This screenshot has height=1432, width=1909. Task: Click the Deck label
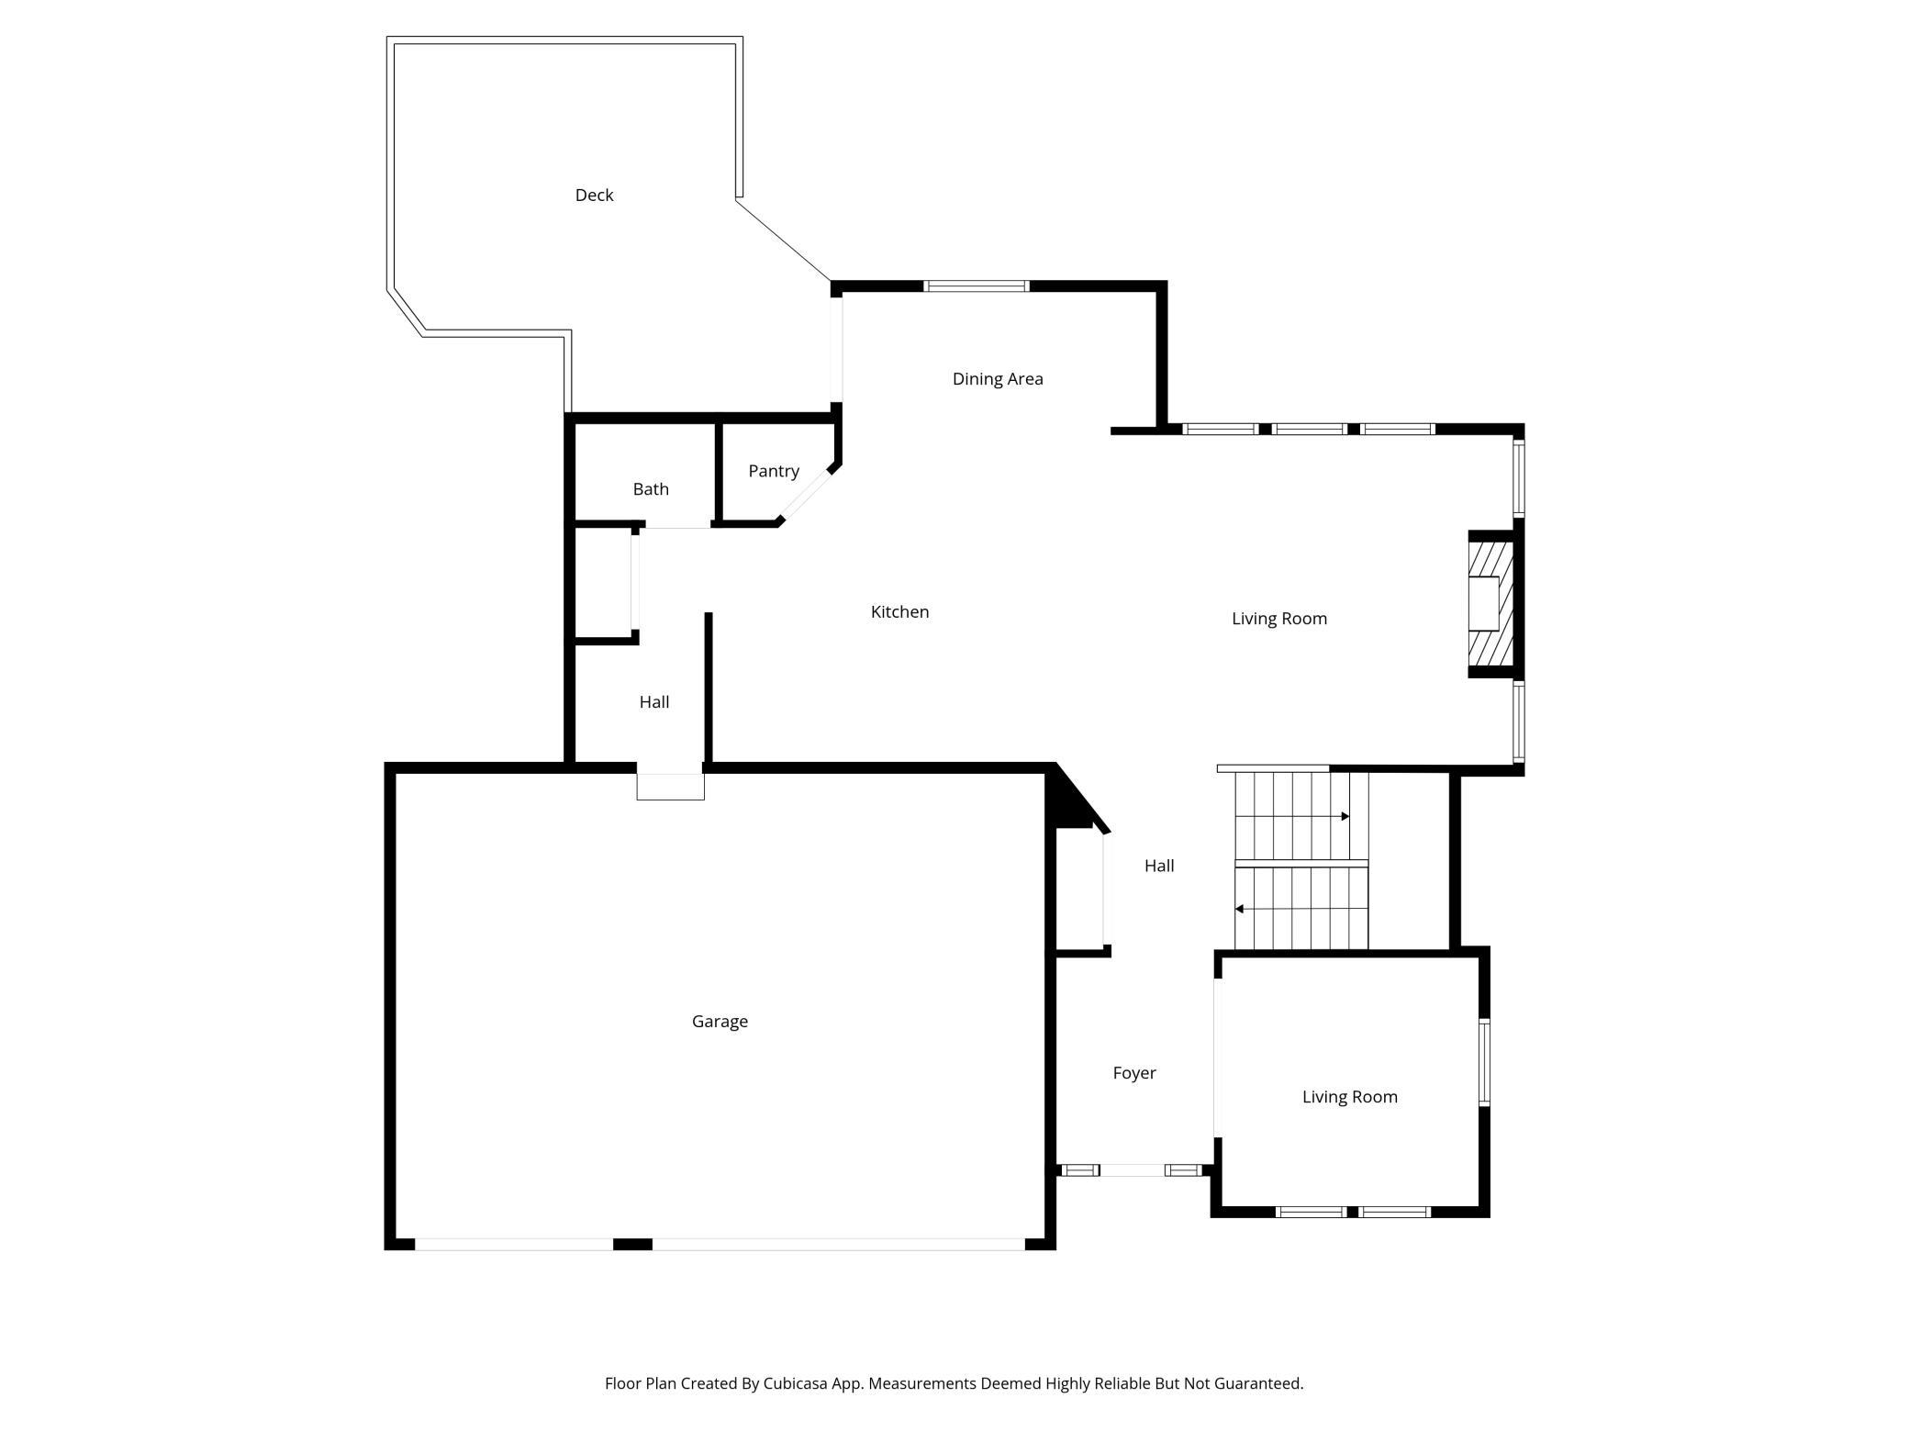594,195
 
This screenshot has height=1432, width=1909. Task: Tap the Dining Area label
998,379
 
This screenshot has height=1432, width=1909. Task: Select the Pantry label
774,471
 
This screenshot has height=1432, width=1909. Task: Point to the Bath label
651,489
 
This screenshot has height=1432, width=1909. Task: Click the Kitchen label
899,612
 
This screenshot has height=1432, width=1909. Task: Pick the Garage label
720,1022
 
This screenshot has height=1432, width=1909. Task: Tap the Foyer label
1134,1073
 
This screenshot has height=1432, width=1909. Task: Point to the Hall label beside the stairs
1159,866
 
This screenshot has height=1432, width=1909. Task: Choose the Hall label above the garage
654,702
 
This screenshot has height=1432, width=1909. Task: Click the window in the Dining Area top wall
976,286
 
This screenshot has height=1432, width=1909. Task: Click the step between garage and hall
671,787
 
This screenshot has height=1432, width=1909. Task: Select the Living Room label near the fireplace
1279,619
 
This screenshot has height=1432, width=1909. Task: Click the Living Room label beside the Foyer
1350,1097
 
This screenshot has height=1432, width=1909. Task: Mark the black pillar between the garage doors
632,1244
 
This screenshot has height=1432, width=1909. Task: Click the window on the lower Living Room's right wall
1484,1062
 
